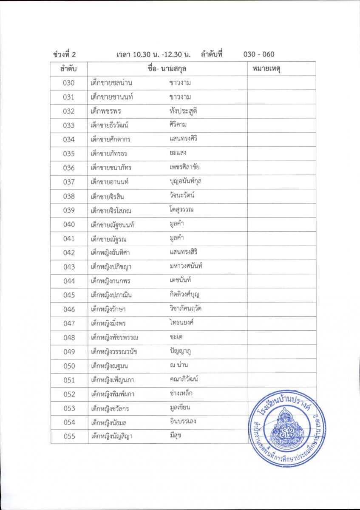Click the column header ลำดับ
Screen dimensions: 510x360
(68, 68)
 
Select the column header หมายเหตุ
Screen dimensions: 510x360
(266, 68)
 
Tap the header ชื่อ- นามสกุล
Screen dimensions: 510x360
(167, 68)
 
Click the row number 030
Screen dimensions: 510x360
(68, 83)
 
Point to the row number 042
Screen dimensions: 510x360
(68, 253)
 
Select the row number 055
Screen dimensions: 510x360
(68, 436)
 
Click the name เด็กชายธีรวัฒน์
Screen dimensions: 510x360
(109, 125)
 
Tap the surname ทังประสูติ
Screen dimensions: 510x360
(183, 111)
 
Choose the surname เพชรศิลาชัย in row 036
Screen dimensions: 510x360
(184, 167)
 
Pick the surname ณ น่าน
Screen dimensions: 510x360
(179, 365)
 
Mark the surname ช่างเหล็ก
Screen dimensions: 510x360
(181, 394)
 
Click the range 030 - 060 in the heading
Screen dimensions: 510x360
(259, 54)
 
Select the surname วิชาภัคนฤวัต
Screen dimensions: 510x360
(185, 309)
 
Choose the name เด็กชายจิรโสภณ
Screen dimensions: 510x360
(111, 210)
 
